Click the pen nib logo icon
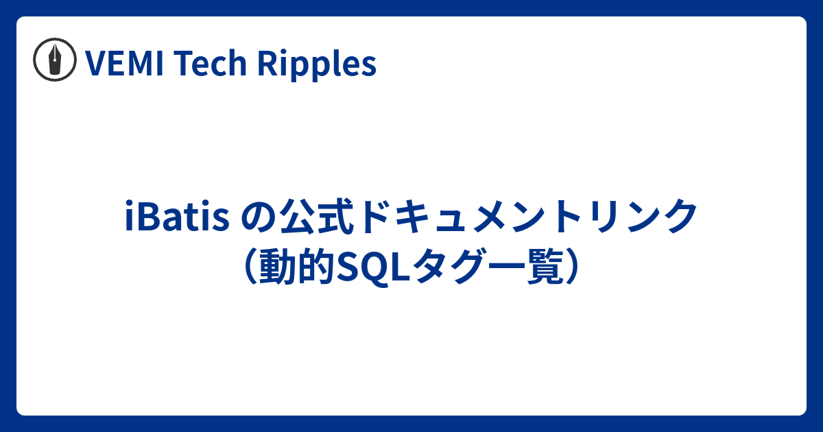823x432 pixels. click(55, 64)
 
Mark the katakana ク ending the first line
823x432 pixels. click(679, 218)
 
